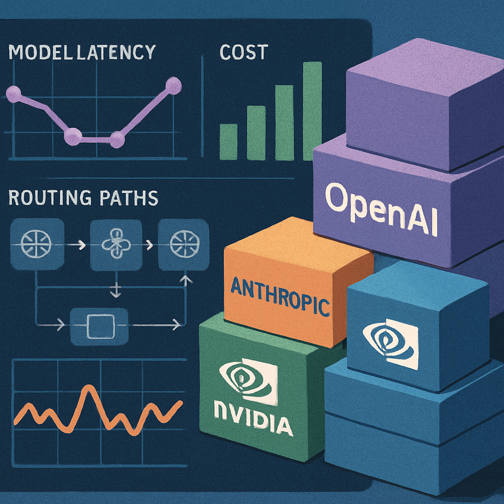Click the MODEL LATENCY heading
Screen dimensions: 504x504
pyautogui.click(x=82, y=52)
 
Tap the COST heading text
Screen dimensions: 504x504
pyautogui.click(x=244, y=52)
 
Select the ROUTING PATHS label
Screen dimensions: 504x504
pyautogui.click(x=83, y=197)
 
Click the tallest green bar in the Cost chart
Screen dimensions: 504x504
pyautogui.click(x=312, y=111)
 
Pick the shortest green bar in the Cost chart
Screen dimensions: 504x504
pyautogui.click(x=228, y=142)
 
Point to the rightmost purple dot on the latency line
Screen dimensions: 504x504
pyautogui.click(x=173, y=86)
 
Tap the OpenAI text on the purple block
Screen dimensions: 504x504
pyautogui.click(x=381, y=209)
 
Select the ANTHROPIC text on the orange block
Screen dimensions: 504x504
pyautogui.click(x=280, y=296)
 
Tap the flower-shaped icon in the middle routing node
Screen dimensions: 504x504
pyautogui.click(x=116, y=244)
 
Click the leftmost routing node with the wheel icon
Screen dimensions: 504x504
pyautogui.click(x=37, y=243)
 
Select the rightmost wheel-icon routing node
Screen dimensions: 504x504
pyautogui.click(x=184, y=244)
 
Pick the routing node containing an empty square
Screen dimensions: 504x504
pyautogui.click(x=99, y=326)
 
